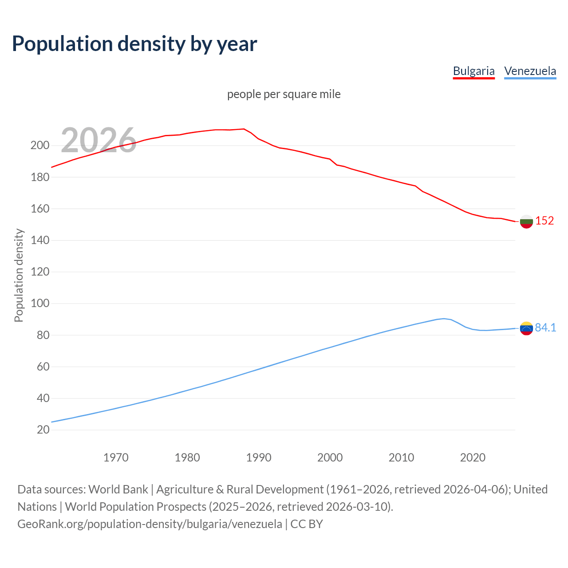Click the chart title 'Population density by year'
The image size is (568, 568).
(x=134, y=43)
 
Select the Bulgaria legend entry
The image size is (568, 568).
(x=473, y=71)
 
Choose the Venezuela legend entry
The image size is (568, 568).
(x=530, y=71)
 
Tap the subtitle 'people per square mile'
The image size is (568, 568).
(x=284, y=94)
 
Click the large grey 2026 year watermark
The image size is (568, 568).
(x=99, y=140)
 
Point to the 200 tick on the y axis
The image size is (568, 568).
(x=40, y=146)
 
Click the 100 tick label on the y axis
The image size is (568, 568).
(x=40, y=304)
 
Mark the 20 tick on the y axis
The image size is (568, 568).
(x=43, y=430)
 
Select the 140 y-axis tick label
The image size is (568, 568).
(x=40, y=240)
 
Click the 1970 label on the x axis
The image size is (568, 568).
(x=116, y=458)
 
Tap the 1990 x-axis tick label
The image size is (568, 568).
(x=259, y=458)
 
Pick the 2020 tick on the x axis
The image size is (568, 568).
(x=473, y=458)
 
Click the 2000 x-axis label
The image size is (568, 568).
(x=330, y=458)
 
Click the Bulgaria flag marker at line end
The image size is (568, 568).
(x=526, y=221)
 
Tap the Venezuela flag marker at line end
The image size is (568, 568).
(x=526, y=328)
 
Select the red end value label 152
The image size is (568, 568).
(x=544, y=221)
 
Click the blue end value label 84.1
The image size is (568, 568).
(x=545, y=327)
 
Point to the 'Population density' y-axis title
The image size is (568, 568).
(x=19, y=275)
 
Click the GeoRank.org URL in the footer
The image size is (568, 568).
(x=150, y=524)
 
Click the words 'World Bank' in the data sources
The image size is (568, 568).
(x=118, y=489)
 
